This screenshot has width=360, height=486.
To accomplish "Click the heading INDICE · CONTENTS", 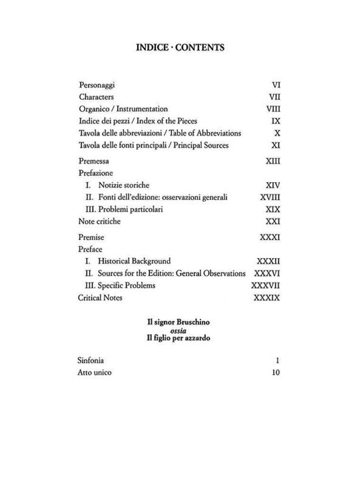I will coord(180,47).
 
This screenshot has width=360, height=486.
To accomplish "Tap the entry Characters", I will coord(96,97).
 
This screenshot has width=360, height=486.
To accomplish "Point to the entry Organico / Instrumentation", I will coord(123,109).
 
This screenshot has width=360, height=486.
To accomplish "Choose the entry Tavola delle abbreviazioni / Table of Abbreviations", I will coord(160,133).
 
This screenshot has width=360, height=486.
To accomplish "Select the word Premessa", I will coord(95,161).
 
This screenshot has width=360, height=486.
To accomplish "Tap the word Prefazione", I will coord(96,173).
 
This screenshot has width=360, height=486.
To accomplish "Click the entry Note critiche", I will coord(100,222).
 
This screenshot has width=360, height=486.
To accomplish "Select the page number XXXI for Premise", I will coord(270,237).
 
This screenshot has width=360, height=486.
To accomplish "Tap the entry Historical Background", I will coord(134,262).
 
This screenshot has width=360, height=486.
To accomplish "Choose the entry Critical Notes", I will coord(100,298).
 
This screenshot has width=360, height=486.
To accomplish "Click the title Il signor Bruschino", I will coord(178,322).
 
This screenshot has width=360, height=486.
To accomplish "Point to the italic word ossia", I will coord(178,330).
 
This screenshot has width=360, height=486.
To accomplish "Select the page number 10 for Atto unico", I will coord(276,373).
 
